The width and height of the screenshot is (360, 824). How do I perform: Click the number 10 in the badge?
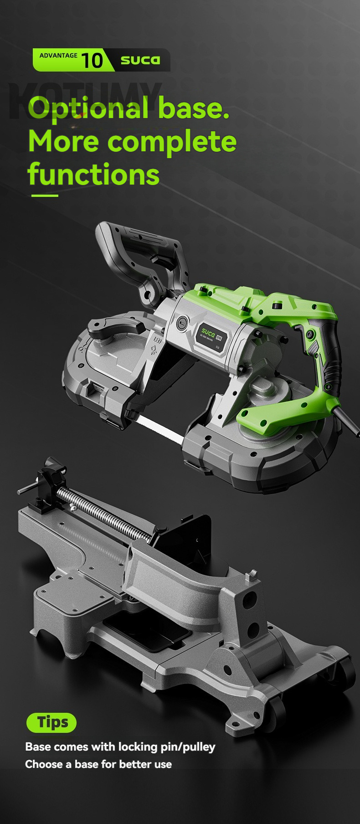click(92, 60)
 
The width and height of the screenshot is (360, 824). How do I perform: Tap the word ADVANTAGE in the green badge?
click(58, 56)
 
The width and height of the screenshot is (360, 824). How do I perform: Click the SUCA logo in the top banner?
click(140, 60)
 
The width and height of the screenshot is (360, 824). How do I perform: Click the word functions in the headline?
click(93, 174)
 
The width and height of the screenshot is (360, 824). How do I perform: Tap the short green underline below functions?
click(45, 196)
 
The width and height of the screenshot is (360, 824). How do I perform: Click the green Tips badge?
click(51, 722)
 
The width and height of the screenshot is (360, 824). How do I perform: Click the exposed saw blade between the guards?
click(159, 429)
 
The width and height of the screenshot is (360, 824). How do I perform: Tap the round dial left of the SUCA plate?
click(182, 323)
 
